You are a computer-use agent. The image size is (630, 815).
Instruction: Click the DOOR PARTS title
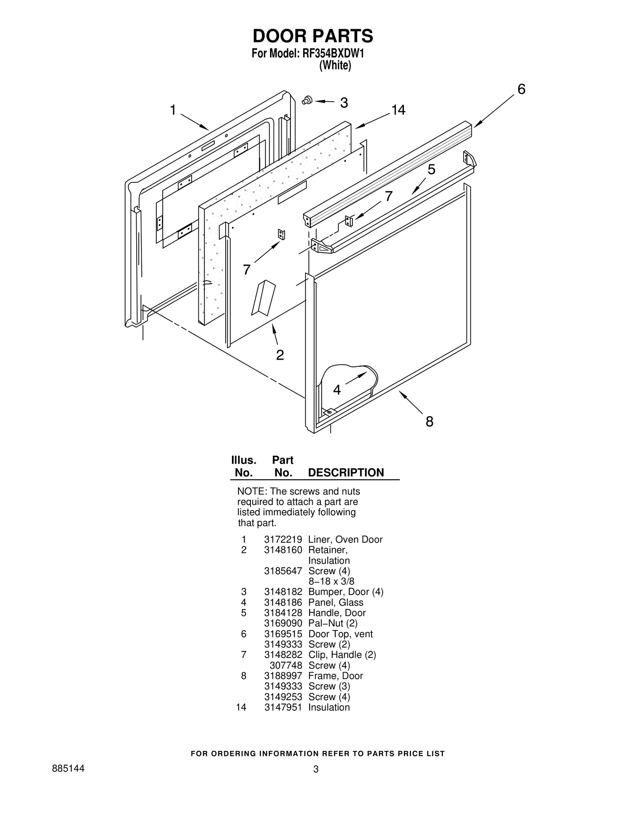313,36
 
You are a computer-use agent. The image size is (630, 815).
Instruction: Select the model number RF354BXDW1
333,53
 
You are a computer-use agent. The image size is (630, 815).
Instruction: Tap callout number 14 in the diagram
398,110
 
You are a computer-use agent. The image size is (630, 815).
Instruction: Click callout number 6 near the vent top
521,89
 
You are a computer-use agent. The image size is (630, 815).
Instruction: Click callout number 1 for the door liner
172,110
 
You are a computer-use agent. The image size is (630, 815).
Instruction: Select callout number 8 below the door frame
429,421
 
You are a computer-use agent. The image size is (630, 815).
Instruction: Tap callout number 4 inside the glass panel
337,390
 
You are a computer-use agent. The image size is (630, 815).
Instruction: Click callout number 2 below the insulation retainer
280,355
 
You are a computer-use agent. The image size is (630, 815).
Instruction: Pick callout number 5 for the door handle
432,170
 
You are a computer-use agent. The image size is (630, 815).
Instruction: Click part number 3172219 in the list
283,540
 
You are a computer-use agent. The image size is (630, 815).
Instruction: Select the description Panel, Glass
335,602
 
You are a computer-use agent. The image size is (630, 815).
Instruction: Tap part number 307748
285,665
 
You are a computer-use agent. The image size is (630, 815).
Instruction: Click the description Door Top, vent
340,634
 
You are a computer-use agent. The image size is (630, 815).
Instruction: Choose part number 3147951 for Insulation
283,707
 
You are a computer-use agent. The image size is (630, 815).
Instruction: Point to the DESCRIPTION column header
346,473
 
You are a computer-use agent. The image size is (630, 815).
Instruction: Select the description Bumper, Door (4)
345,592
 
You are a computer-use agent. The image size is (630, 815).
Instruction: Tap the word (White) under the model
335,65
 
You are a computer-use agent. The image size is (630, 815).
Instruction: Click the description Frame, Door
335,676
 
